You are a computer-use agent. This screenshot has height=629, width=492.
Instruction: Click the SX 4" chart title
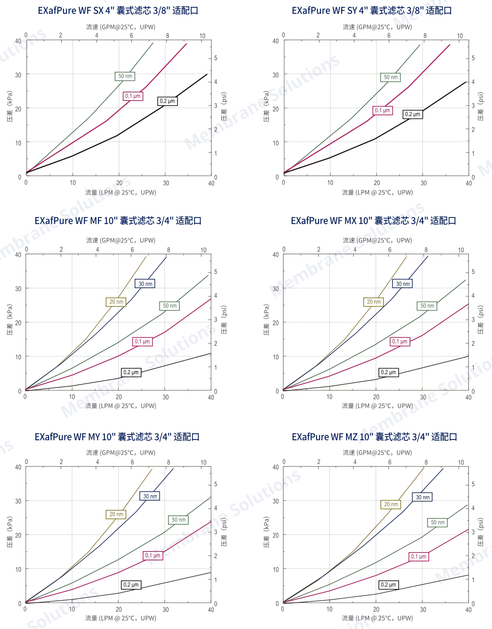point(118,11)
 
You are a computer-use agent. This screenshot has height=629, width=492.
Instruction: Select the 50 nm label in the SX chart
point(125,76)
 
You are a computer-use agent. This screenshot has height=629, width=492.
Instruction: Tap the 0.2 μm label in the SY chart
point(412,114)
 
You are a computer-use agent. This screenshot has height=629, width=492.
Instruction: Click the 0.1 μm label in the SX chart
point(133,96)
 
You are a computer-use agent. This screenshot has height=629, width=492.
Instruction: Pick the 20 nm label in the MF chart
point(116,302)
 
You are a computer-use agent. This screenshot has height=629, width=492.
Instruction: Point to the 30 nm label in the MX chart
point(403,284)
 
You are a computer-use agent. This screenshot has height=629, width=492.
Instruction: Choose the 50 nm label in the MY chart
point(178,520)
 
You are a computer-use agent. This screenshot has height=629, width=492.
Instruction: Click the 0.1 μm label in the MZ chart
point(418,556)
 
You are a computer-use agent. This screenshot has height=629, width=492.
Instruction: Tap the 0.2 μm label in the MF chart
point(131,372)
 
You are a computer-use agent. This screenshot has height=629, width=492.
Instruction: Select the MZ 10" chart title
point(374,437)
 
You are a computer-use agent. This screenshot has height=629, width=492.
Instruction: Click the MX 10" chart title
point(373,221)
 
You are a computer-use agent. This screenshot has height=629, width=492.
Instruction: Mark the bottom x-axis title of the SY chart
point(377,193)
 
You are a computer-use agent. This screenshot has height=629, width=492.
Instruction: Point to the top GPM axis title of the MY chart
point(121,453)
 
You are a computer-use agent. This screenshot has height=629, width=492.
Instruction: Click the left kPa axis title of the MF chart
point(10,320)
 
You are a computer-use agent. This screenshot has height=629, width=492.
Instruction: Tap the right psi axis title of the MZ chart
point(480,532)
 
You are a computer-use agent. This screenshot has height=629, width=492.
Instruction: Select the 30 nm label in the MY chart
point(150,496)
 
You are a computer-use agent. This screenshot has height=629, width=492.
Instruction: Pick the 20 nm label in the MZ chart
point(391,504)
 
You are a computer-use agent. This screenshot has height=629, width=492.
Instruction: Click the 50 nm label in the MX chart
point(427,306)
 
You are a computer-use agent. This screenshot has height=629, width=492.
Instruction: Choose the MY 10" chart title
point(117,437)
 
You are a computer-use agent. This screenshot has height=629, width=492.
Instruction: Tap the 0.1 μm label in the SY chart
point(382,110)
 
